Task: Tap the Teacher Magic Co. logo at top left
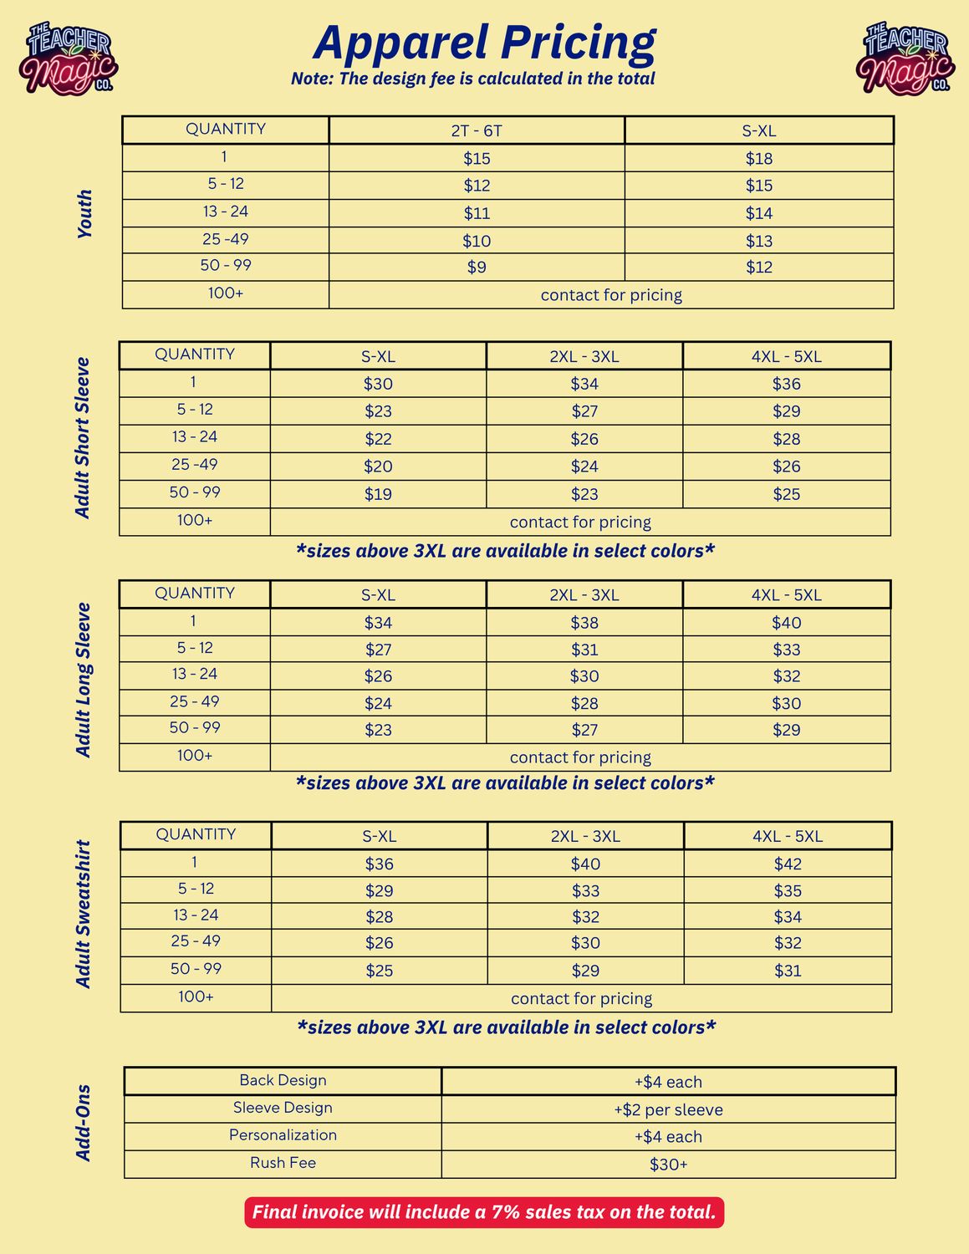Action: click(69, 58)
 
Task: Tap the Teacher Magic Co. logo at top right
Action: click(906, 58)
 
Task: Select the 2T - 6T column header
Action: click(477, 130)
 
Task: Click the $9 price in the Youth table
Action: click(477, 268)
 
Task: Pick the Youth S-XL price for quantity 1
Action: click(758, 158)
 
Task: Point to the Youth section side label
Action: click(84, 214)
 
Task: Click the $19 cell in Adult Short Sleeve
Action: click(378, 494)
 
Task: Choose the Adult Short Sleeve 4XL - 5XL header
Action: click(786, 356)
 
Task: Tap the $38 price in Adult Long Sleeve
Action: click(584, 623)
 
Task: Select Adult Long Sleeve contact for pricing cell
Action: click(580, 757)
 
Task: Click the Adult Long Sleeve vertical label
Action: click(84, 680)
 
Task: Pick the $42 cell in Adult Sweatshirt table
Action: click(788, 864)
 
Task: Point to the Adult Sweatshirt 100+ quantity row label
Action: click(196, 997)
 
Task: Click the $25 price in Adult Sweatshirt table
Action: click(379, 971)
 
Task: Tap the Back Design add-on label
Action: click(283, 1080)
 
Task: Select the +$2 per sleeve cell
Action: click(668, 1109)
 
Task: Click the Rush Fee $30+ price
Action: click(668, 1165)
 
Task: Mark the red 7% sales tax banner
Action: click(484, 1212)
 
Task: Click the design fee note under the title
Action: click(473, 79)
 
